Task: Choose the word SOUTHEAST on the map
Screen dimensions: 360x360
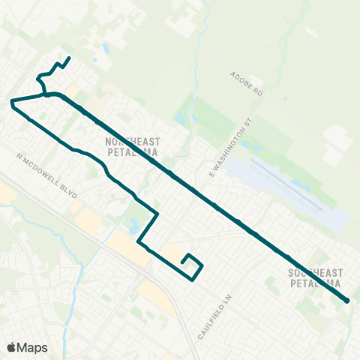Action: tap(314, 274)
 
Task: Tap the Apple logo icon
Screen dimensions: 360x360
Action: tap(12, 346)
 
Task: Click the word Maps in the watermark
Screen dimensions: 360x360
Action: tap(32, 346)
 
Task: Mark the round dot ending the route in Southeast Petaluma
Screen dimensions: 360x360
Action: tap(347, 301)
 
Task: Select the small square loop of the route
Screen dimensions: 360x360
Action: tap(193, 265)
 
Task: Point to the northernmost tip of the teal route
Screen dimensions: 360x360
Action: tap(69, 58)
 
